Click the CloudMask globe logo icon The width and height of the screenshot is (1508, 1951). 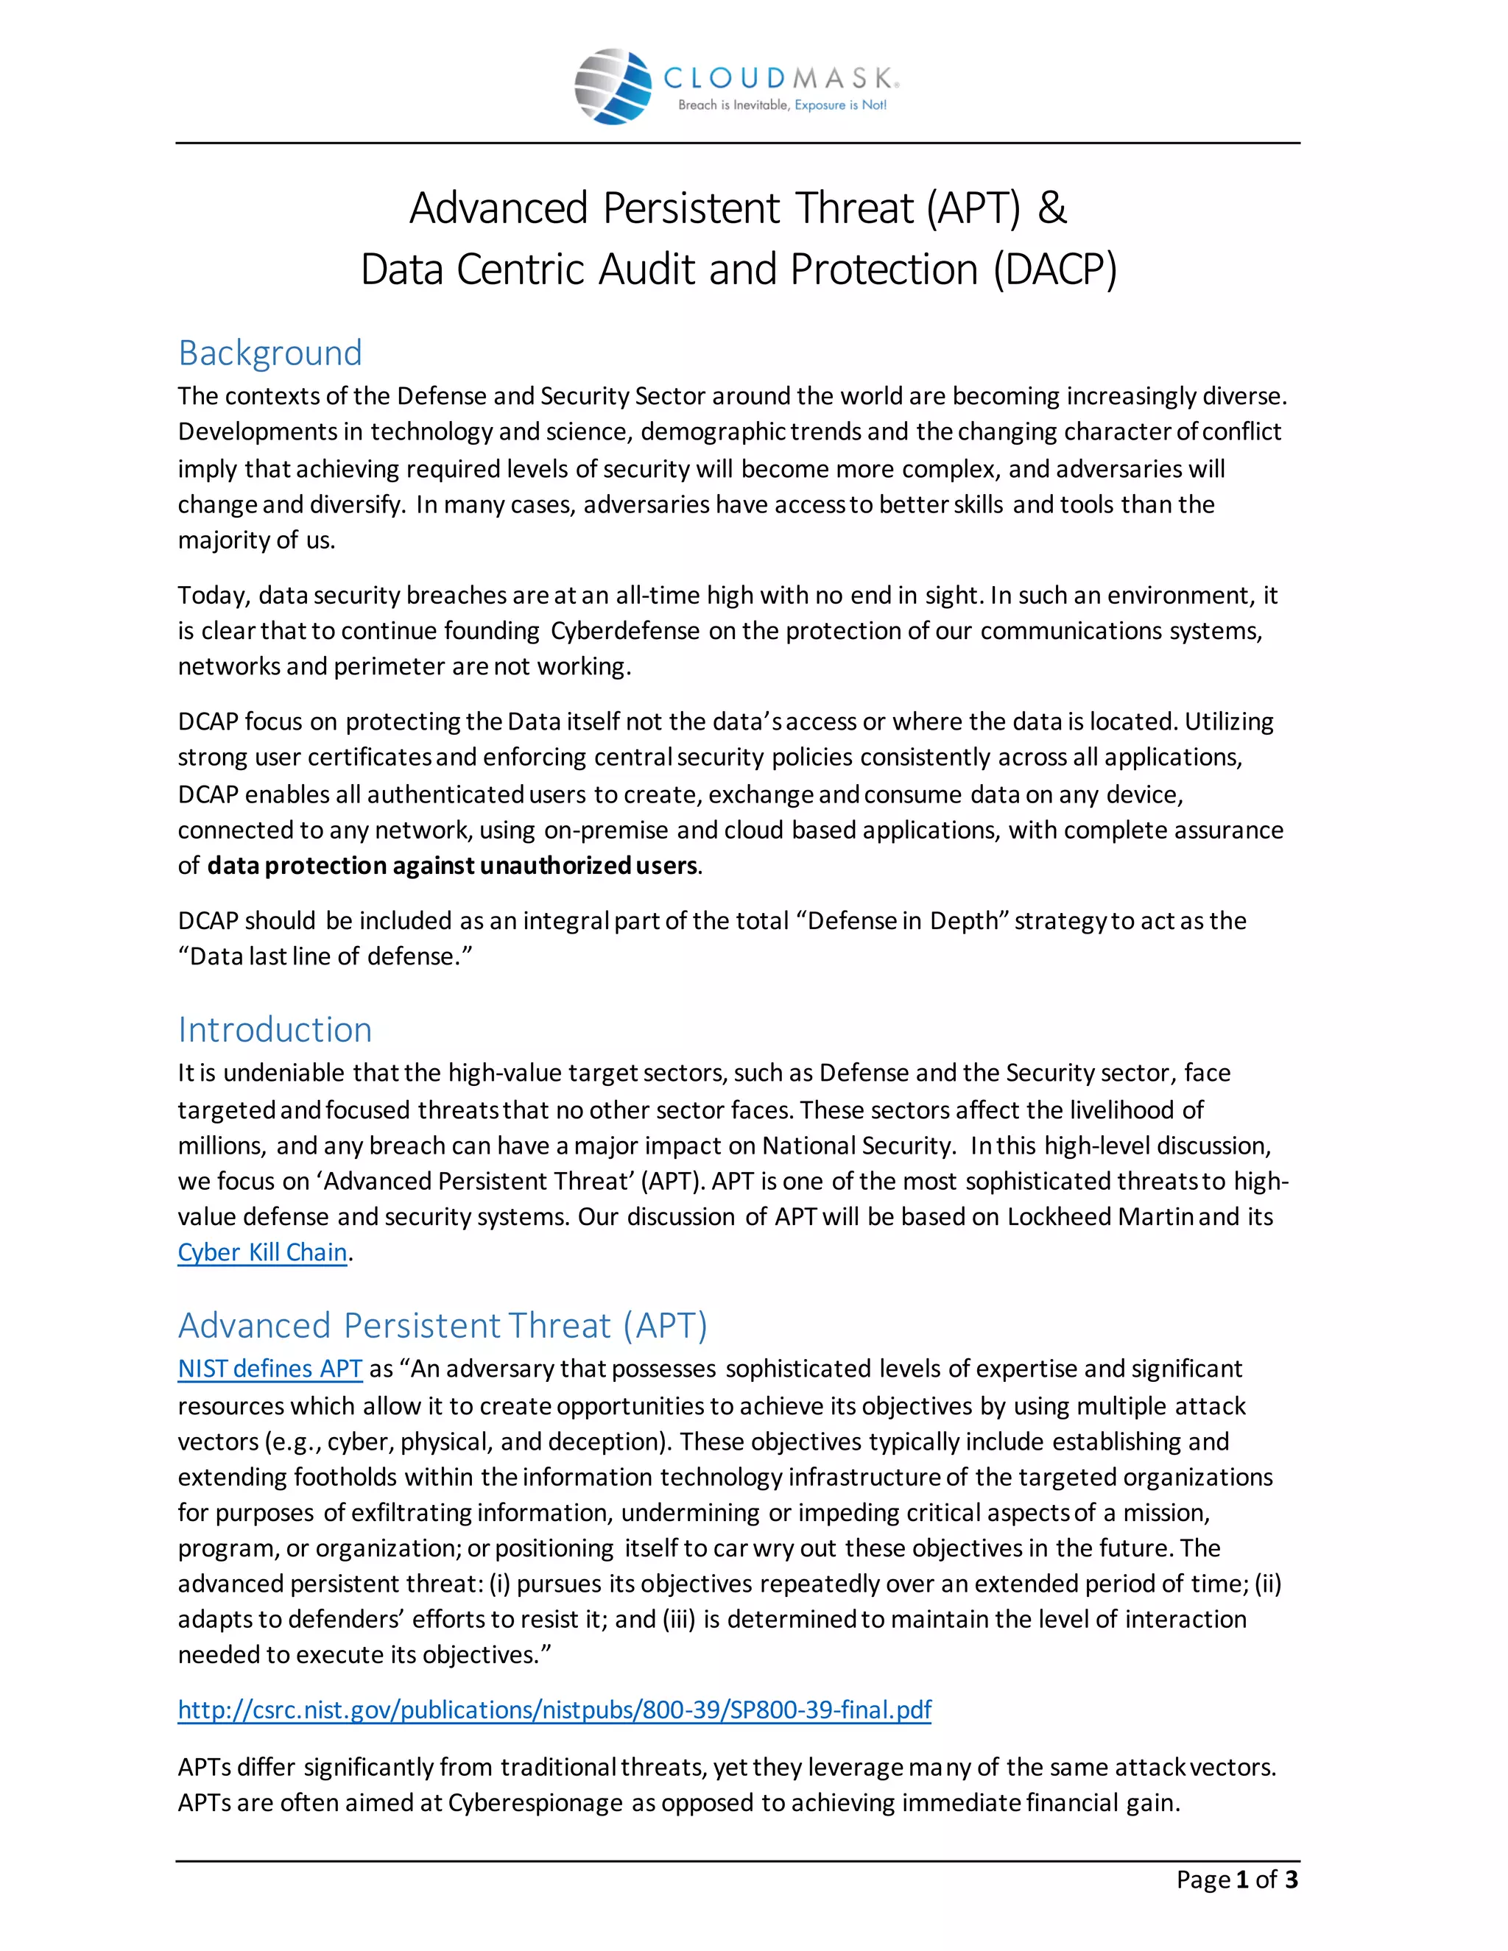pyautogui.click(x=613, y=87)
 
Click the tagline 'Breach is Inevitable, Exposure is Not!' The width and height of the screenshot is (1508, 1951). pyautogui.click(x=782, y=105)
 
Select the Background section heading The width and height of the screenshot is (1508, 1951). pyautogui.click(x=269, y=353)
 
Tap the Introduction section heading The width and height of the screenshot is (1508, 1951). pyautogui.click(x=274, y=1029)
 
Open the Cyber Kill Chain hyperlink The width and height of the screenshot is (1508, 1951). pyautogui.click(x=261, y=1252)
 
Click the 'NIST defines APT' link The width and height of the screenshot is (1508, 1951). pyautogui.click(x=269, y=1369)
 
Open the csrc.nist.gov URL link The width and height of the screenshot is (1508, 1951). pyautogui.click(x=554, y=1710)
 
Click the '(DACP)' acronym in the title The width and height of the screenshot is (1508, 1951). pyautogui.click(x=1055, y=269)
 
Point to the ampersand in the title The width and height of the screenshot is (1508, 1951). pyautogui.click(x=1051, y=208)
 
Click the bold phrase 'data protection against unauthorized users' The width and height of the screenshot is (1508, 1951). pyautogui.click(x=452, y=866)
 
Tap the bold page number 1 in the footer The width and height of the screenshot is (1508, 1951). pyautogui.click(x=1241, y=1880)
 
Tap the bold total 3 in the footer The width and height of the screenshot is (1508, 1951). pyautogui.click(x=1291, y=1880)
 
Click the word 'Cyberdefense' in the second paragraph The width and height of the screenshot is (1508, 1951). pyautogui.click(x=624, y=631)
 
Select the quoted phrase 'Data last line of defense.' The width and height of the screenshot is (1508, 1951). pyautogui.click(x=325, y=957)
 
